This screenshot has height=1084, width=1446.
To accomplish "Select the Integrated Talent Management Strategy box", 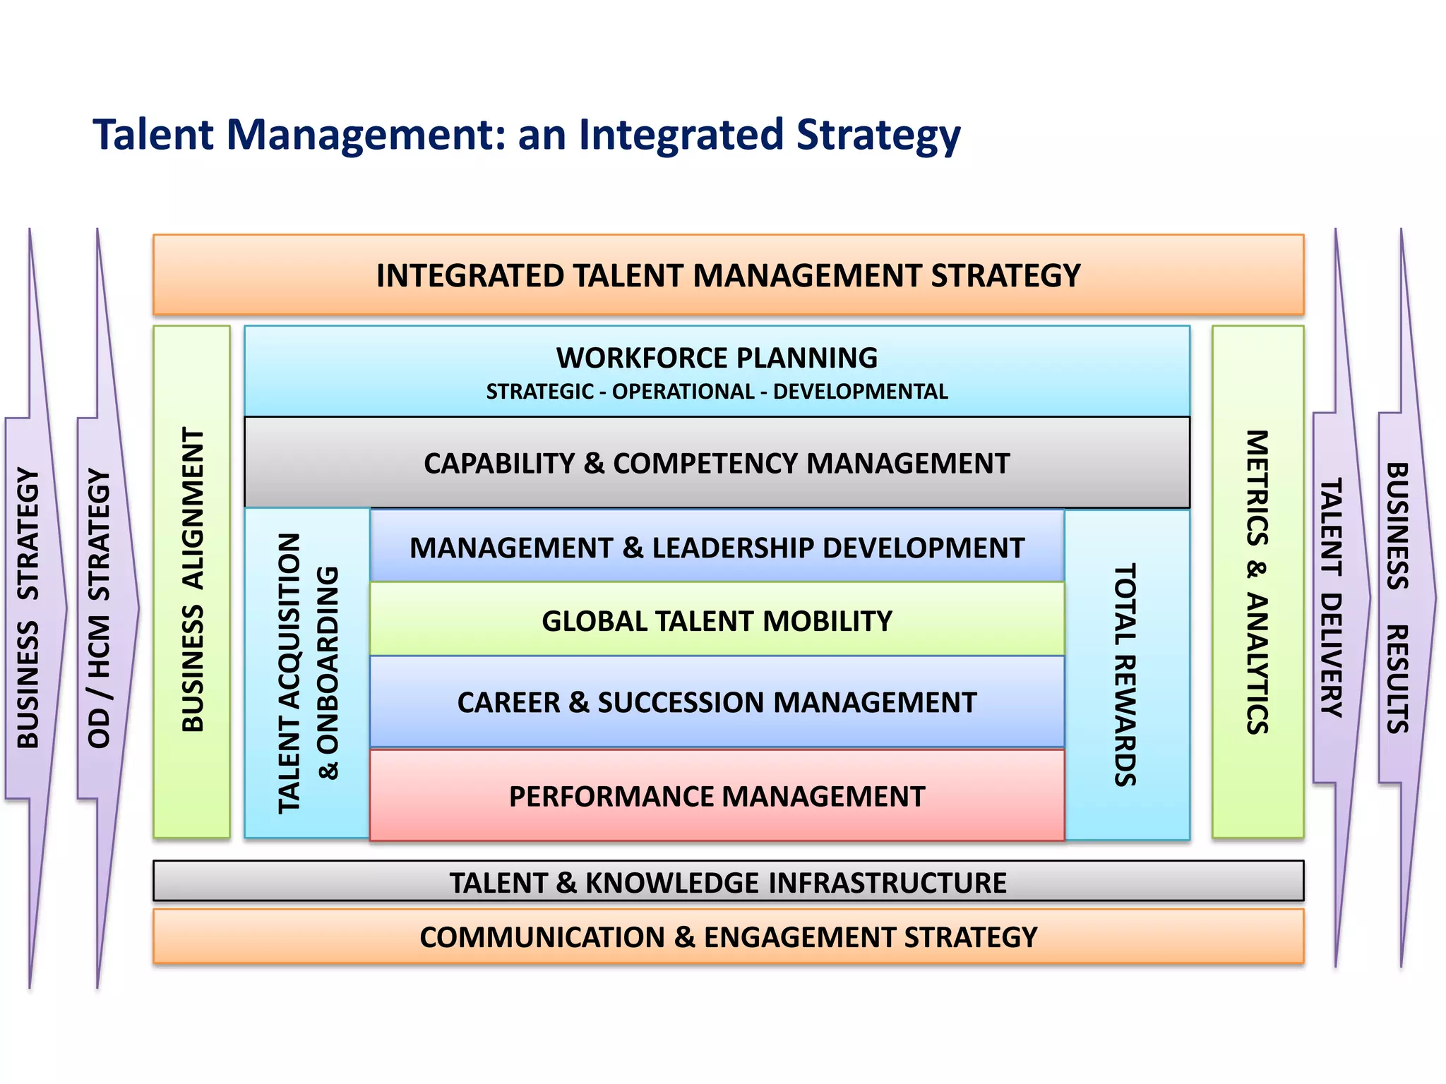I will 728,275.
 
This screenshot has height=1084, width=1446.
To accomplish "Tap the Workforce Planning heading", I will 717,358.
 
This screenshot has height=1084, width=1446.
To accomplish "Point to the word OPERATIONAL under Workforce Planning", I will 683,392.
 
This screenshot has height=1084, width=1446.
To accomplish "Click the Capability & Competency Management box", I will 717,463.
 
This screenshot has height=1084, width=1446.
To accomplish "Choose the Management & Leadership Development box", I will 717,548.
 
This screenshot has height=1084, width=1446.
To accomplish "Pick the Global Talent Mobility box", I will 717,621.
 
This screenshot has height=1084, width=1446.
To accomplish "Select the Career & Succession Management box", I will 717,702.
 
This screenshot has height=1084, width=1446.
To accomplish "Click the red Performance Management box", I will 717,796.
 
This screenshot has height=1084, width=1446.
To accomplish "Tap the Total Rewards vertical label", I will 1125,674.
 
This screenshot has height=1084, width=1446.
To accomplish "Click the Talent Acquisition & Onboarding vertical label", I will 308,674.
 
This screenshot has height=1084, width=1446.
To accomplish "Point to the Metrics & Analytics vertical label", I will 1257,582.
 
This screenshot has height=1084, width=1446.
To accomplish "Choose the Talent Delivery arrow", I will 1332,598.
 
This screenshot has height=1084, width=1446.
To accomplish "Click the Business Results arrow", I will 1398,598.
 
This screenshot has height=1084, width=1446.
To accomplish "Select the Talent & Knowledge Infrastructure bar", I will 728,882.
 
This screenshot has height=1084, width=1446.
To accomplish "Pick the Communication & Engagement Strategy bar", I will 728,937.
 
